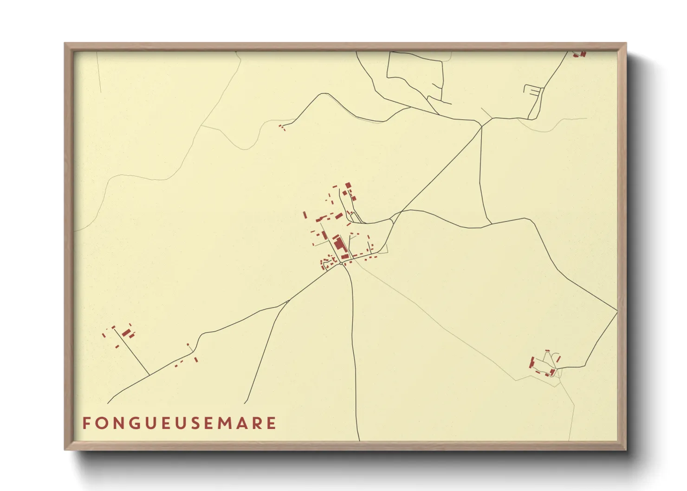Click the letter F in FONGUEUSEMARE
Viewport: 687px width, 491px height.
pyautogui.click(x=86, y=423)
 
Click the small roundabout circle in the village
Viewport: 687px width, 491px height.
pyautogui.click(x=341, y=264)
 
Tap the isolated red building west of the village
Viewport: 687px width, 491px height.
pyautogui.click(x=305, y=215)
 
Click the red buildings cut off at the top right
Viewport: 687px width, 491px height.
pyautogui.click(x=579, y=54)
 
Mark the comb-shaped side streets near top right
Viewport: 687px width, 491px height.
pyautogui.click(x=533, y=90)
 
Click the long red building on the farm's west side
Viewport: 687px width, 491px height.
pyautogui.click(x=531, y=362)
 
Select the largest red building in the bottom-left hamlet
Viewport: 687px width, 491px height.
pyautogui.click(x=126, y=332)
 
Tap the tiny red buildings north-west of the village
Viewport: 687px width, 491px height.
pyautogui.click(x=282, y=127)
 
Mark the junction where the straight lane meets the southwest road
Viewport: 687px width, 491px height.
pyautogui.click(x=149, y=375)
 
